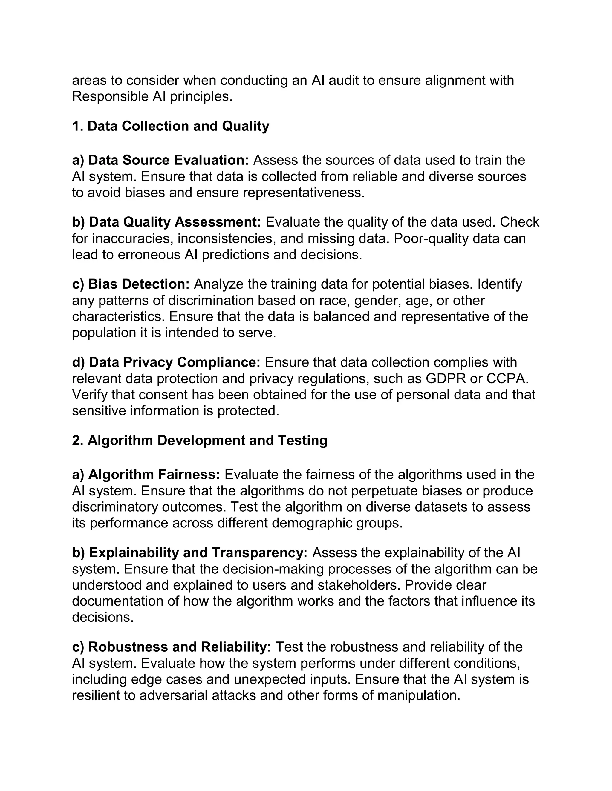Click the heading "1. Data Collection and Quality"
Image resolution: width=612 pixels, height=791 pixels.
tap(170, 126)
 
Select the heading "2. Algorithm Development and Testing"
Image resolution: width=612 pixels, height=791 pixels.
tap(199, 440)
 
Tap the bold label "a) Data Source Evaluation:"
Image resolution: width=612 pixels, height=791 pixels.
tap(160, 160)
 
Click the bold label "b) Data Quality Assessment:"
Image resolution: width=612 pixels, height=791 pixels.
tap(166, 222)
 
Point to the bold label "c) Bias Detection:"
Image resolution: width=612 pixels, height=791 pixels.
tap(131, 284)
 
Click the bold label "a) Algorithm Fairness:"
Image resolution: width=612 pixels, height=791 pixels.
tap(146, 475)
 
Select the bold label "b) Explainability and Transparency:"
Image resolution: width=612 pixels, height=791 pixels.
tap(190, 553)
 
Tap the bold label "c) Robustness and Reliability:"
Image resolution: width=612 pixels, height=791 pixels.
tap(172, 647)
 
